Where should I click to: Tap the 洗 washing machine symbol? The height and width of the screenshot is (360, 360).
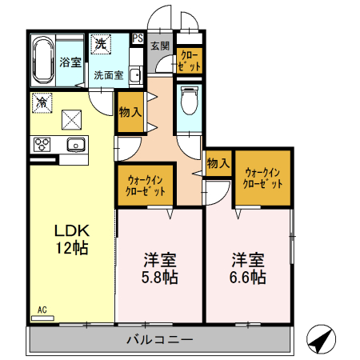coord(100,44)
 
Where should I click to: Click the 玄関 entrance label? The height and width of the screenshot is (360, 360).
coord(160,46)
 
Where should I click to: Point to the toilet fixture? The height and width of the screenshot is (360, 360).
coord(189,102)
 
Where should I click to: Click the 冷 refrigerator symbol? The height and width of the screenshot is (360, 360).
coord(41,102)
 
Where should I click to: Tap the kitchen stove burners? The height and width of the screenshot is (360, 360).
coord(42,145)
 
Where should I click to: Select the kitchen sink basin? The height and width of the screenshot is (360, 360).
coord(77,145)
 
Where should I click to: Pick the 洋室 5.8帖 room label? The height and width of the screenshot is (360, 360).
coord(160,268)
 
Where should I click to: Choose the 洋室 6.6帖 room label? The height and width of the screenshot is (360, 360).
coord(249,268)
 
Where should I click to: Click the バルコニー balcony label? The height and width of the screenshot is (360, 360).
coord(160,340)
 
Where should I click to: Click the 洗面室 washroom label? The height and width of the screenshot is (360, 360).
coord(109,75)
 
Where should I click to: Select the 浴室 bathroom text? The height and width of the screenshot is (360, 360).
coord(70,62)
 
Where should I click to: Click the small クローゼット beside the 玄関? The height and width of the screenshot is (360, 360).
coord(190,60)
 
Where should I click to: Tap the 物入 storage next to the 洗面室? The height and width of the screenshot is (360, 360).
coord(130,112)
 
